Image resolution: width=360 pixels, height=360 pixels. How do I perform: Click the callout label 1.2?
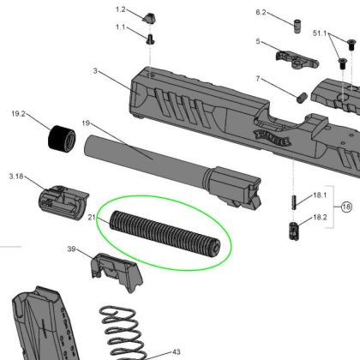point(121,9)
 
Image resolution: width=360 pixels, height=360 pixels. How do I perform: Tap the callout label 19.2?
point(18,114)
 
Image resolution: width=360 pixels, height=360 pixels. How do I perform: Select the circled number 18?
point(346,207)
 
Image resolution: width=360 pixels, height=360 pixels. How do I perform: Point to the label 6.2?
point(261,12)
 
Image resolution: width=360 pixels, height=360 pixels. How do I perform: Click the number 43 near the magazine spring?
point(177,351)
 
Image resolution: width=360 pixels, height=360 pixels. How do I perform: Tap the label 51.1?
point(320,33)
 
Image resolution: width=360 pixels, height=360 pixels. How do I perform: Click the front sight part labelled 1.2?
point(149,18)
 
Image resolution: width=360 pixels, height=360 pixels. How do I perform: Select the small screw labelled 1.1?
point(150,39)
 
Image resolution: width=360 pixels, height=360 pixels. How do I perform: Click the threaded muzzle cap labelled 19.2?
point(61,138)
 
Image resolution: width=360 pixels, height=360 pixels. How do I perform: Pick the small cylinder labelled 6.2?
point(297,27)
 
